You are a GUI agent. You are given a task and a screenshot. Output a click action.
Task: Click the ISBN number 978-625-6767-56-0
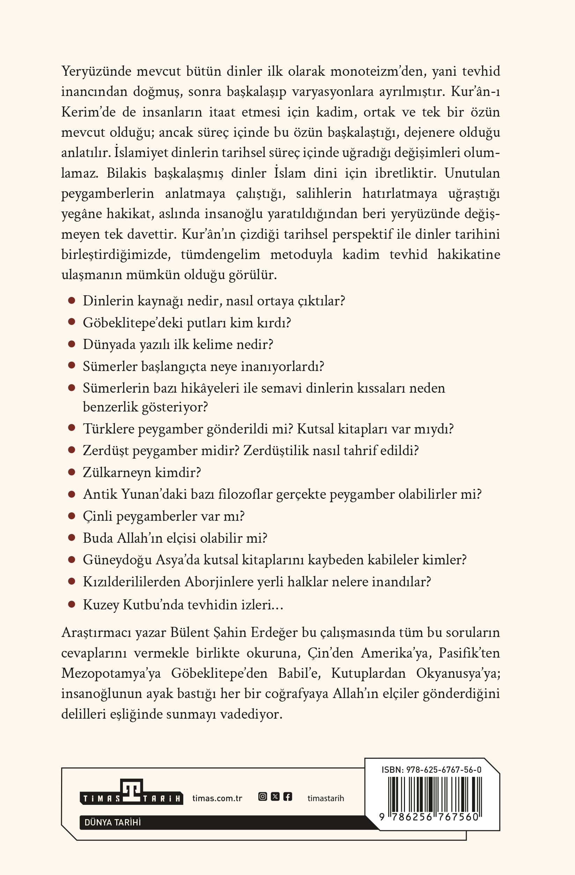431,770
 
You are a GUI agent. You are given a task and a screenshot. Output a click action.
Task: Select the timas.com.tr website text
217,798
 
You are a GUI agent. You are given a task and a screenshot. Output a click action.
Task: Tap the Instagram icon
263,797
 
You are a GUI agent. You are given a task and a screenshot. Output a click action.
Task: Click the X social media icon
275,797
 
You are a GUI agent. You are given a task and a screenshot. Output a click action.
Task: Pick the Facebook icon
288,797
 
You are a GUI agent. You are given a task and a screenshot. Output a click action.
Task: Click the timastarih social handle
326,798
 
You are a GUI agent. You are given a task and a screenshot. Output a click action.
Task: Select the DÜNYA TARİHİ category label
112,823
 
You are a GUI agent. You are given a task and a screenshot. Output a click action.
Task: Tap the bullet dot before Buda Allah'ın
72,537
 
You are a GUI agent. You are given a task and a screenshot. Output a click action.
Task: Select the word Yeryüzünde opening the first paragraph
96,71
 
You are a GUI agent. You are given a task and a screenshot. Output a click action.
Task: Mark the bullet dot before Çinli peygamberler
72,516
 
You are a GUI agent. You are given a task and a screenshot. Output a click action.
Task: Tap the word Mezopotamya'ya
111,673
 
